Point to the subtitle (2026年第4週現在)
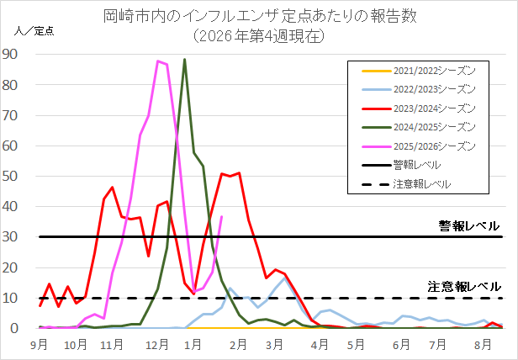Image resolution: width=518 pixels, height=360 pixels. click(x=258, y=36)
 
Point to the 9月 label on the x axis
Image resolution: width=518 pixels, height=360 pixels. click(x=39, y=345)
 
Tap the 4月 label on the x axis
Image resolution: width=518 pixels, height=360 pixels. click(x=319, y=345)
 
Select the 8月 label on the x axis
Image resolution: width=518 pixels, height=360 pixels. click(x=482, y=345)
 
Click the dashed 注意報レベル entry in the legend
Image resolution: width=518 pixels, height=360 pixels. click(x=421, y=184)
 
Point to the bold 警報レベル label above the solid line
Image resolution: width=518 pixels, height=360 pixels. click(x=468, y=225)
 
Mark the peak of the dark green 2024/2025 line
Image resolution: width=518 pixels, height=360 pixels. click(x=184, y=60)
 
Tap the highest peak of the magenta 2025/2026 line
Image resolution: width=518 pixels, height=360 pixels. click(x=157, y=61)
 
